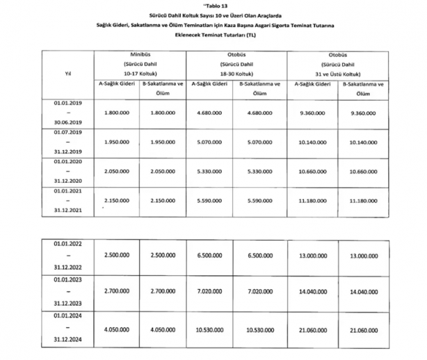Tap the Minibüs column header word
tap(141, 54)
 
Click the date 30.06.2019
tap(67, 121)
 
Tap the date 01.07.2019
tap(67, 132)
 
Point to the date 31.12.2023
tap(67, 303)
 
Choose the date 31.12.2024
tap(67, 340)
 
